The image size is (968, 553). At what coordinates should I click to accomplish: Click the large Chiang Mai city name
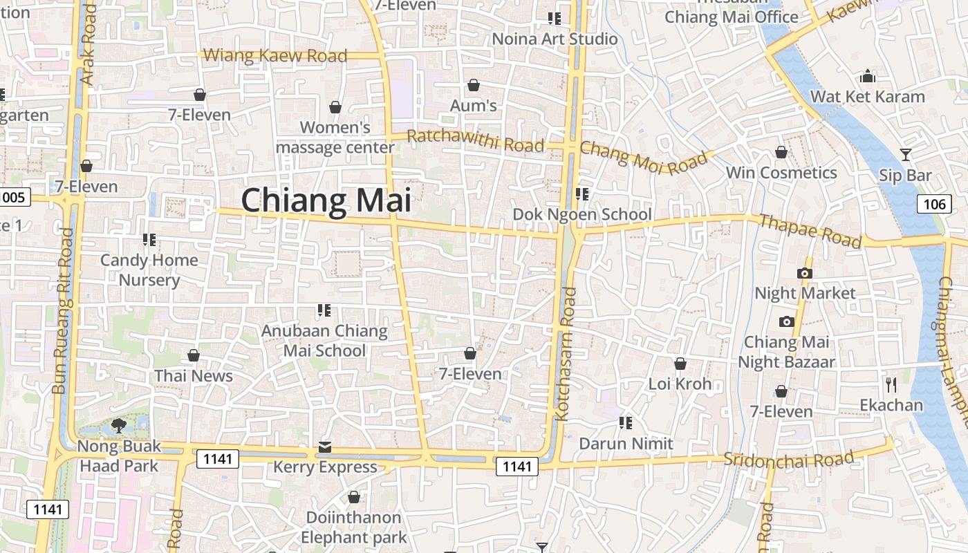tap(326, 200)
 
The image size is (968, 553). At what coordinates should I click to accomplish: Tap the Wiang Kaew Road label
tap(276, 55)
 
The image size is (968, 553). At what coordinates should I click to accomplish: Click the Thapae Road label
tap(810, 231)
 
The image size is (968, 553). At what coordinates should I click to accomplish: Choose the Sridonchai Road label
tap(788, 459)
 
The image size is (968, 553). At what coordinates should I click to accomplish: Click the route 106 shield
tap(933, 204)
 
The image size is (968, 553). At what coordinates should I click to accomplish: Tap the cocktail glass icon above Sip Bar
tap(905, 155)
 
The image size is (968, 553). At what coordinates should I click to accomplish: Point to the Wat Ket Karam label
tap(867, 97)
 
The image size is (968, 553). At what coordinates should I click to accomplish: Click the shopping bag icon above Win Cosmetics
tap(781, 152)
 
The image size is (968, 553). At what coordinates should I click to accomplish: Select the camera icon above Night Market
tap(804, 273)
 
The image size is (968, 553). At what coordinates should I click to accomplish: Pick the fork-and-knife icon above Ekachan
tap(891, 384)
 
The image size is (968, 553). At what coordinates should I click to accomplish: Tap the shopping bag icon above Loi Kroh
tap(680, 364)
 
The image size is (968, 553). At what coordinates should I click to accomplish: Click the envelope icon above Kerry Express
tap(325, 447)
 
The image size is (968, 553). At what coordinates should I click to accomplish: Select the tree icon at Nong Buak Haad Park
tap(118, 424)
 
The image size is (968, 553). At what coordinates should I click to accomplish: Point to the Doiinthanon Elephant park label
tap(353, 527)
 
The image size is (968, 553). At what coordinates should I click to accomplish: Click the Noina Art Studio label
tap(555, 39)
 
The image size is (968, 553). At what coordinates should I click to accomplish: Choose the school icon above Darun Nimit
tap(626, 422)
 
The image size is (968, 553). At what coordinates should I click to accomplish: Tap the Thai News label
tap(194, 376)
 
